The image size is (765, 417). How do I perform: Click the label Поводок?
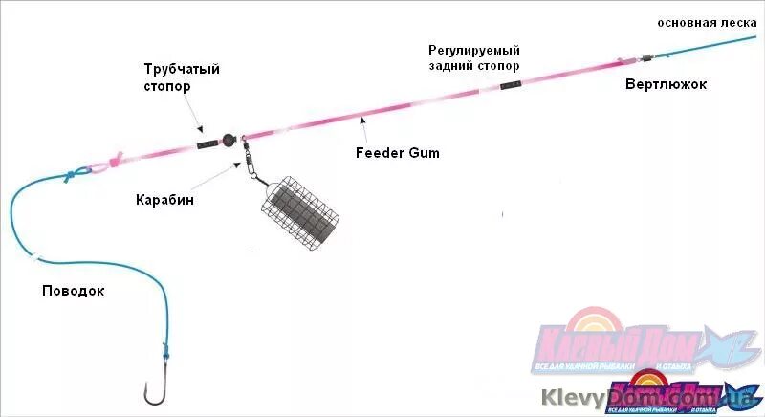pyautogui.click(x=73, y=291)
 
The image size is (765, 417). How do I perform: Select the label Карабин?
pyautogui.click(x=164, y=200)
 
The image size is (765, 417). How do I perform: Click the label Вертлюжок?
pyautogui.click(x=666, y=85)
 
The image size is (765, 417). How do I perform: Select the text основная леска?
pyautogui.click(x=707, y=22)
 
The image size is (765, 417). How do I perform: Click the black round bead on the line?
pyautogui.click(x=229, y=140)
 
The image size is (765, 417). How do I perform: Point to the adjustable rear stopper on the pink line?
pyautogui.click(x=511, y=85)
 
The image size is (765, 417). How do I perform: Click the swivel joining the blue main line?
pyautogui.click(x=646, y=57)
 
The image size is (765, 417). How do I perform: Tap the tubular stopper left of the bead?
pyautogui.click(x=208, y=144)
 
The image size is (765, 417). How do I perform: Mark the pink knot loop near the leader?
pyautogui.click(x=114, y=161)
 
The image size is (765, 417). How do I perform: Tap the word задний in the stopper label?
pyautogui.click(x=450, y=66)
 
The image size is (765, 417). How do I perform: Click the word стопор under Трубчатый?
pyautogui.click(x=167, y=86)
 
